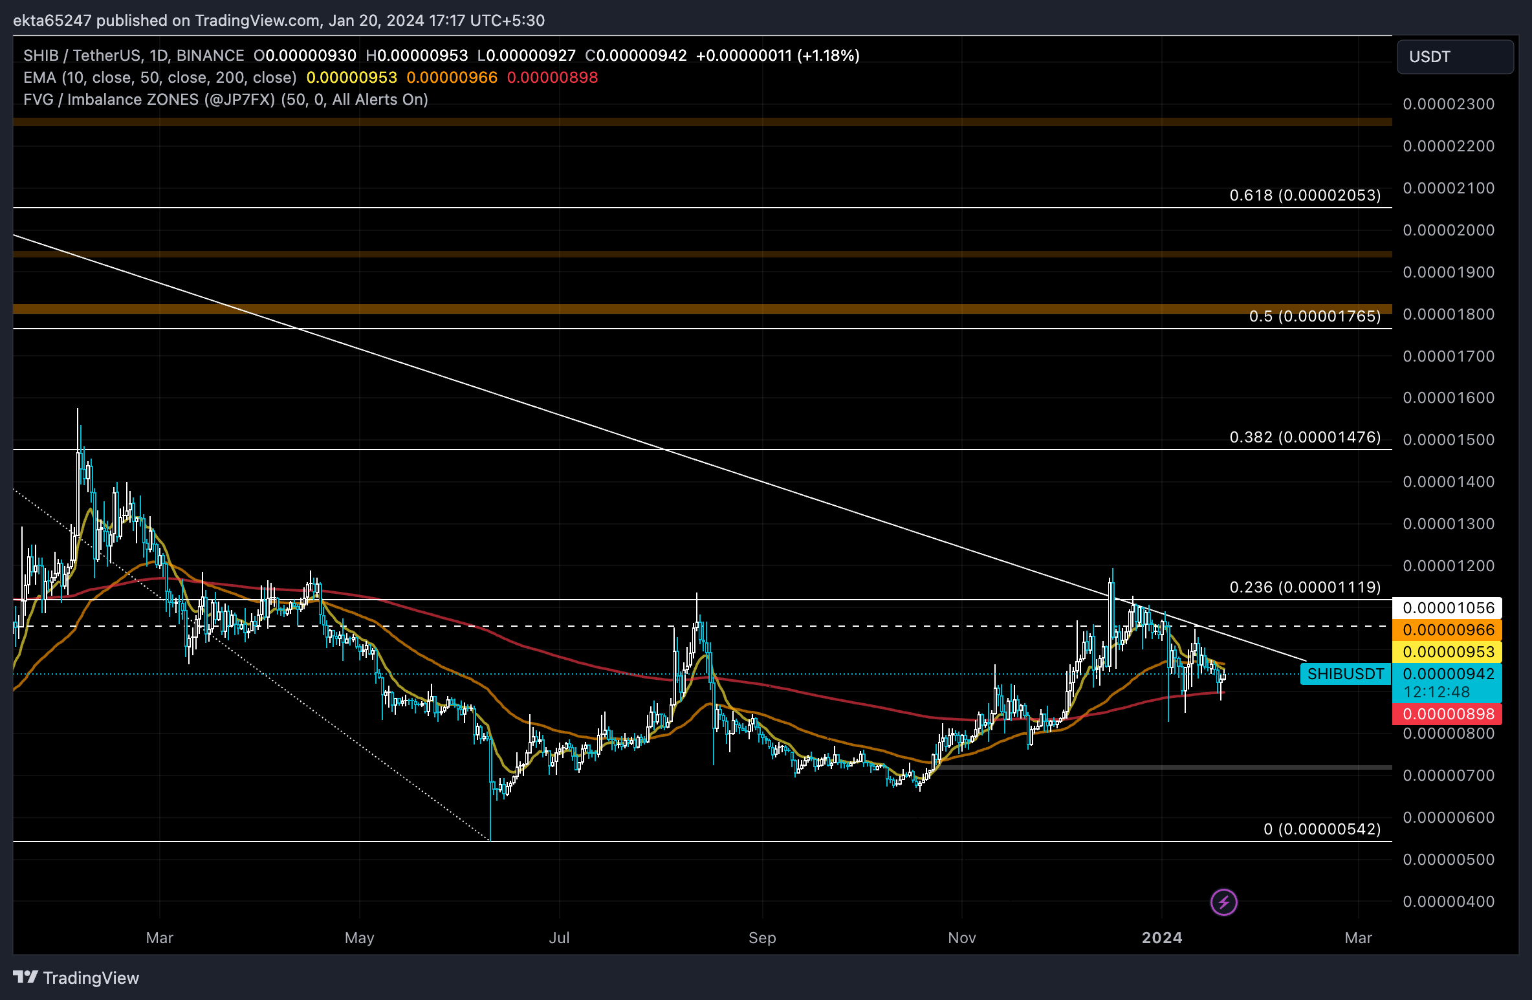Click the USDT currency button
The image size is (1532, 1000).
pos(1454,57)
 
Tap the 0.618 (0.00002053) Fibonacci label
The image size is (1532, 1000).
pos(1304,195)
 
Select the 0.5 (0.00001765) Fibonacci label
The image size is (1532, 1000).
pos(1314,316)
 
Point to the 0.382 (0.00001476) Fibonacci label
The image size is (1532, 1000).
pos(1304,437)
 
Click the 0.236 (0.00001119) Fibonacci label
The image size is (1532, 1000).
pos(1304,587)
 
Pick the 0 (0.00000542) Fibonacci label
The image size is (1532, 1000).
pos(1322,829)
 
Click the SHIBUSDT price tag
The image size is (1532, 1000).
pos(1345,674)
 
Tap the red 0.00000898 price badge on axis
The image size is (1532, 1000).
pos(1448,714)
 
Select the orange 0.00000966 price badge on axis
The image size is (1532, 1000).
pos(1448,630)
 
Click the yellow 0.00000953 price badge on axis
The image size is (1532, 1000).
pos(1448,652)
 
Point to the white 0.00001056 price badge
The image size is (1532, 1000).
pos(1448,608)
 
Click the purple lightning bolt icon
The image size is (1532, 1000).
pos(1223,902)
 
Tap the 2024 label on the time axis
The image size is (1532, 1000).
pos(1161,938)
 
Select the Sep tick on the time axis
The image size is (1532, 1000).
pos(762,938)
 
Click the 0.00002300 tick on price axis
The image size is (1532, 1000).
pos(1448,104)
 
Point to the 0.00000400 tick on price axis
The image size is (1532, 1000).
pos(1448,902)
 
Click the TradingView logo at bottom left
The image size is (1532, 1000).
pos(76,977)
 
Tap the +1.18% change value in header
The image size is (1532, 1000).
pos(829,56)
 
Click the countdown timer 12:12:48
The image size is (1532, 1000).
pos(1436,692)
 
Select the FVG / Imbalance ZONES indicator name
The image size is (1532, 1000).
pos(111,100)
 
